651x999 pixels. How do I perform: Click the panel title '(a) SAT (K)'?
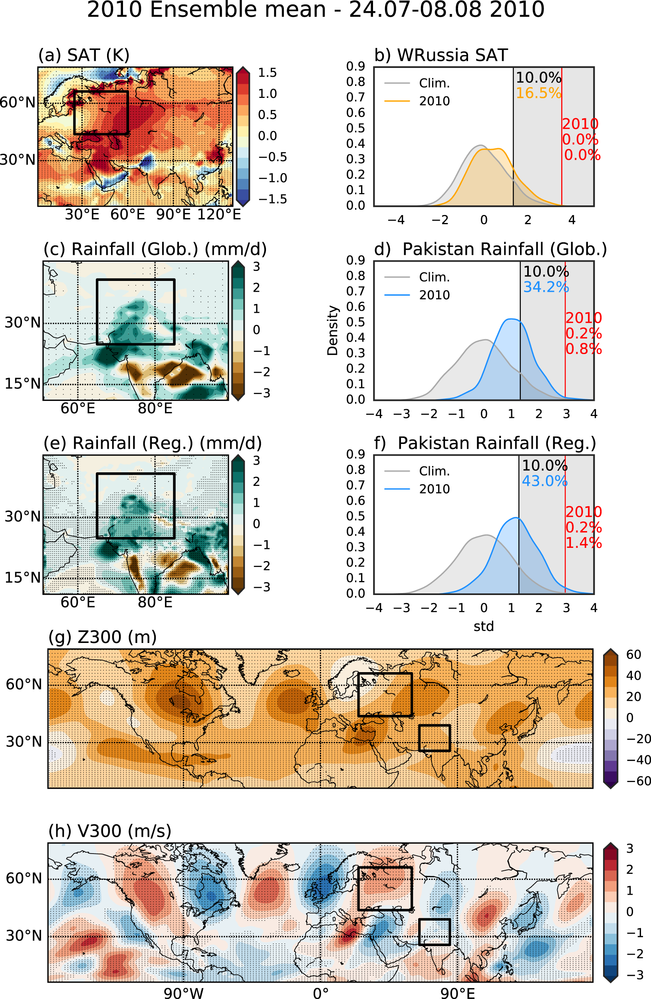[x=83, y=55]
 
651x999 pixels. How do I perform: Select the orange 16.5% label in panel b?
[x=538, y=93]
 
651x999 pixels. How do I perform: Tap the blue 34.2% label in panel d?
[x=546, y=287]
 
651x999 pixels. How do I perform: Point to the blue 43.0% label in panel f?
[x=544, y=481]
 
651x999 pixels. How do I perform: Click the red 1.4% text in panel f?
[x=584, y=543]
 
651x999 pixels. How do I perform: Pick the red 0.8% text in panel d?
[x=584, y=349]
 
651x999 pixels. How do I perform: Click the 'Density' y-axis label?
[x=333, y=330]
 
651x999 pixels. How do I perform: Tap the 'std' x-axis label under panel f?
[x=483, y=626]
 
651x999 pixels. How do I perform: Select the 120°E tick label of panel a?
[x=219, y=215]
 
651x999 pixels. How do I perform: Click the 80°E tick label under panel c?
[x=155, y=408]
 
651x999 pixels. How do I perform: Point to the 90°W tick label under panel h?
[x=183, y=993]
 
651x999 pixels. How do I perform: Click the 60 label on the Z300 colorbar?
[x=633, y=655]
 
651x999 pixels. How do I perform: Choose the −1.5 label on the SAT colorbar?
[x=273, y=199]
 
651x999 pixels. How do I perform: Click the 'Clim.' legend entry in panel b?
[x=434, y=83]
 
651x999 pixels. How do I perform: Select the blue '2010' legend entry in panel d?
[x=434, y=295]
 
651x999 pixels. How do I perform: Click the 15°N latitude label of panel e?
[x=23, y=577]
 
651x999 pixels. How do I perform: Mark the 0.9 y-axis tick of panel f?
[x=355, y=454]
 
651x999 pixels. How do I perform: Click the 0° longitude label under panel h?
[x=320, y=993]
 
